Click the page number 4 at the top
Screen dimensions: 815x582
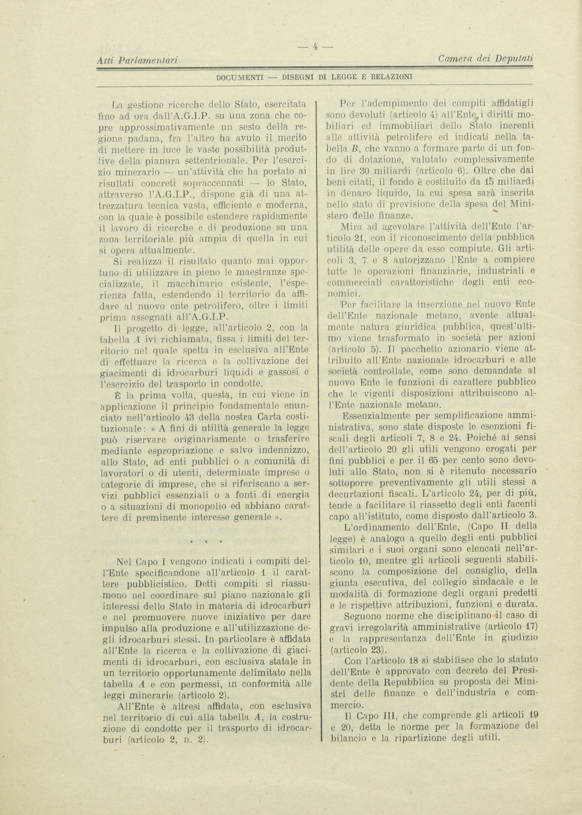pos(315,46)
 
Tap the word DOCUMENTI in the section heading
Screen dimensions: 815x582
pos(239,76)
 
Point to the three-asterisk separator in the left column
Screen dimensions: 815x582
pos(206,541)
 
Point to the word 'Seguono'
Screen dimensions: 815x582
pos(362,616)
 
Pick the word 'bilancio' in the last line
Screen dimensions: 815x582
pos(345,738)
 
